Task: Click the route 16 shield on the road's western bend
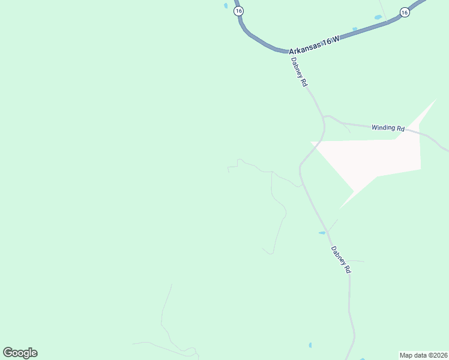(239, 11)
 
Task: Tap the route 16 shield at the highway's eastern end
(405, 12)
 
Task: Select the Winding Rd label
(388, 128)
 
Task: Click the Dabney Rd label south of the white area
(339, 260)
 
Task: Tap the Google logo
(20, 353)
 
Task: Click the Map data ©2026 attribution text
(423, 355)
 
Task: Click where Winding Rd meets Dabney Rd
(324, 116)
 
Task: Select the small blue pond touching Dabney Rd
(322, 232)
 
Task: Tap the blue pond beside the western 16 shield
(226, 6)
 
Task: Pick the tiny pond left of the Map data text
(310, 346)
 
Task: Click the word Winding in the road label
(383, 127)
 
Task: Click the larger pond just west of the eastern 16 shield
(378, 17)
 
